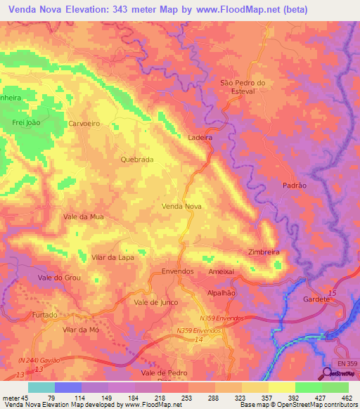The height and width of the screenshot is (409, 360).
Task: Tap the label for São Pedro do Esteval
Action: click(243, 86)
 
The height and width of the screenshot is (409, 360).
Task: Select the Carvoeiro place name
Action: click(84, 123)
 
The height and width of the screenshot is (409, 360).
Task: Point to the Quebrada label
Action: click(136, 160)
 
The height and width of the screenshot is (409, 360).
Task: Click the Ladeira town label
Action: click(200, 138)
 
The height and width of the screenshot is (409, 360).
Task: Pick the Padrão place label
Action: click(294, 185)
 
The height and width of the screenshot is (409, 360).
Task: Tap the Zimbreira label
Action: click(264, 252)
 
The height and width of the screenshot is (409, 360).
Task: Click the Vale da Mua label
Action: click(84, 217)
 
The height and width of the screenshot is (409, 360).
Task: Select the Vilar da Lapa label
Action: click(112, 257)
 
